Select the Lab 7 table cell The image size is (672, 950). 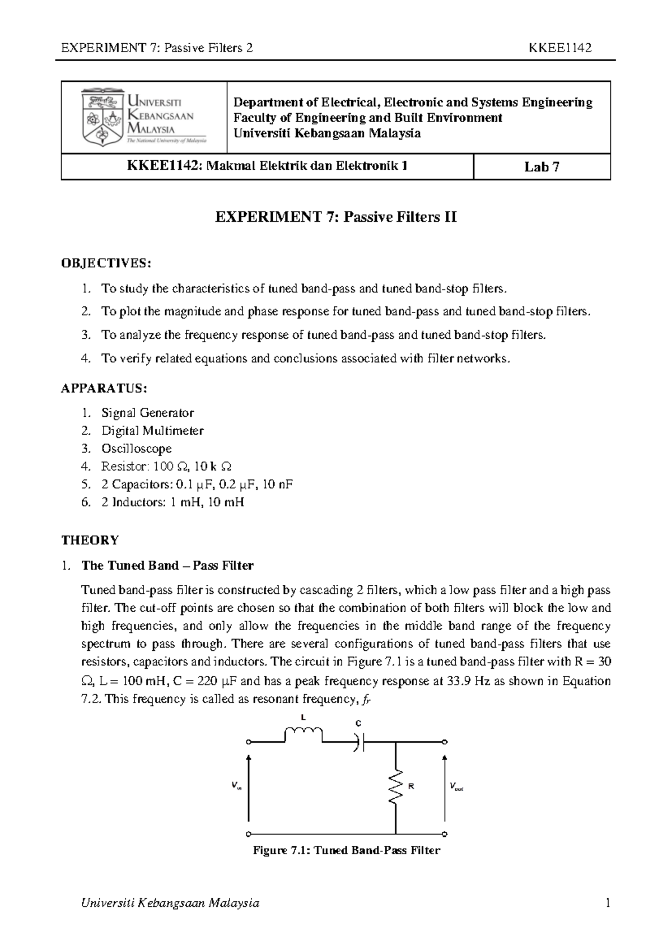click(x=542, y=167)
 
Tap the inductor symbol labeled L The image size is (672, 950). click(x=304, y=733)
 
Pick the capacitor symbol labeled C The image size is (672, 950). click(x=359, y=743)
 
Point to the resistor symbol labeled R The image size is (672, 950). click(x=396, y=786)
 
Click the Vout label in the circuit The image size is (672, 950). click(x=456, y=788)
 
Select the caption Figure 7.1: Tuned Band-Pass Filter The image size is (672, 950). click(x=346, y=850)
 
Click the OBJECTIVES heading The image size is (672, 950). click(x=106, y=263)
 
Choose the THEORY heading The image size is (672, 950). click(x=90, y=541)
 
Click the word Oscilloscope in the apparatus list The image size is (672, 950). click(x=136, y=449)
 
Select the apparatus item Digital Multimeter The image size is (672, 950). click(x=152, y=431)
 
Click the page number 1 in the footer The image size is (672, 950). click(x=606, y=903)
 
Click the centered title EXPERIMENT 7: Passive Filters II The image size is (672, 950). click(x=336, y=217)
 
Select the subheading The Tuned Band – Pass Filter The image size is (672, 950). click(x=167, y=565)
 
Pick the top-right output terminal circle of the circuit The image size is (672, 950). click(x=445, y=742)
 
